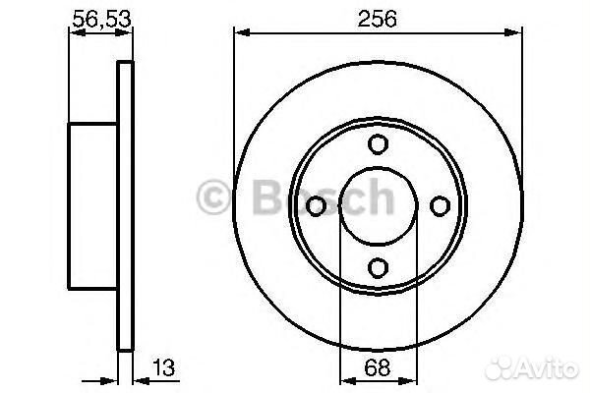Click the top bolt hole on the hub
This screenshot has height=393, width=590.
point(378,144)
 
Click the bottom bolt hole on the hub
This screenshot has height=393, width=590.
point(378,266)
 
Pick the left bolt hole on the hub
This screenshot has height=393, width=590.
point(317,205)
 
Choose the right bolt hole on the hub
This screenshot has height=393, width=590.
point(439,205)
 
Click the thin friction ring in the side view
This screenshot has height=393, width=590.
point(125,205)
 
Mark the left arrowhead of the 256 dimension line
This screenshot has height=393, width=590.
point(239,32)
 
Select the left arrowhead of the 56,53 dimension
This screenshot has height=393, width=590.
point(73,32)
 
